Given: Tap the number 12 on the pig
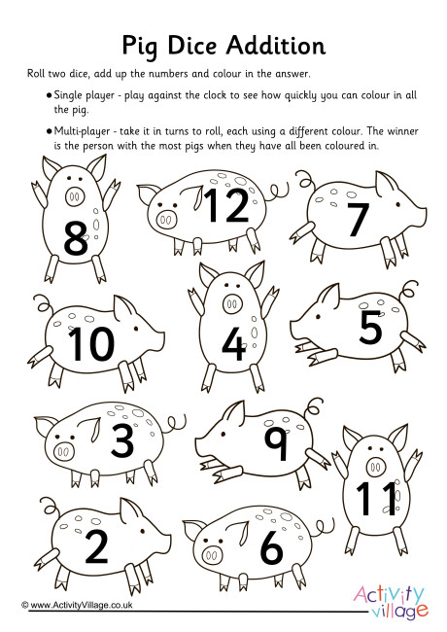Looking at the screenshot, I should click(227, 206).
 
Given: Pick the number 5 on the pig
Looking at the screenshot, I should click(371, 329).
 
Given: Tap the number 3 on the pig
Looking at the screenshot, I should click(121, 440).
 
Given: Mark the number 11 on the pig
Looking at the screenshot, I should click(372, 497).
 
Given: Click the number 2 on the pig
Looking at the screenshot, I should click(96, 547).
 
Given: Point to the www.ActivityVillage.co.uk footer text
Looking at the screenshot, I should click(78, 604).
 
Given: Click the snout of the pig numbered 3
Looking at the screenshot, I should click(63, 452).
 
